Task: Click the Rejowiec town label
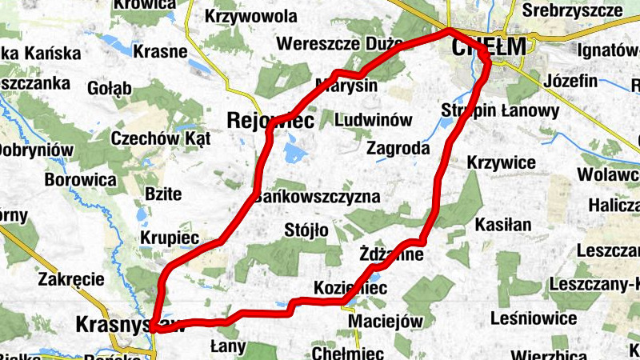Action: (x=270, y=120)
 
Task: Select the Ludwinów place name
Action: (x=374, y=120)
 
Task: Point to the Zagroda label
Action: (x=398, y=148)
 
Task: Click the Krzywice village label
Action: (x=501, y=163)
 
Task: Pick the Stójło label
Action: (x=306, y=231)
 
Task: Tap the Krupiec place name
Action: (x=170, y=238)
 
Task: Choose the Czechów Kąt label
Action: (x=161, y=138)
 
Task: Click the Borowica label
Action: (x=81, y=180)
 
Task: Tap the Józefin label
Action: (x=570, y=81)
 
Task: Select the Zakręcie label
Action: (x=72, y=280)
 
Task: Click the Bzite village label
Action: (x=163, y=194)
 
